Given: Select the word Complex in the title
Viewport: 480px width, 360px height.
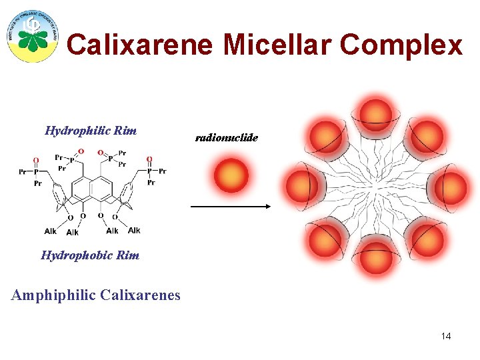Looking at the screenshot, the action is coord(401,45).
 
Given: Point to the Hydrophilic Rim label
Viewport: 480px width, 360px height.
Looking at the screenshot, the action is coord(91,131).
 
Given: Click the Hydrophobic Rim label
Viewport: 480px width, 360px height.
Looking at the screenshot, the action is coord(90,255).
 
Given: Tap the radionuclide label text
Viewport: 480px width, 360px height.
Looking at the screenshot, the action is coord(226,137).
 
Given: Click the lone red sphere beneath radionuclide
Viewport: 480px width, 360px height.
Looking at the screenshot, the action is coord(231,175).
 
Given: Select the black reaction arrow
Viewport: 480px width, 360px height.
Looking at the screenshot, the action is coord(231,207).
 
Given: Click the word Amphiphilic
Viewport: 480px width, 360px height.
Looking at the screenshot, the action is coord(53,294).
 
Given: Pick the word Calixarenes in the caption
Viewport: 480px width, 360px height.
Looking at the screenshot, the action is coord(140,294).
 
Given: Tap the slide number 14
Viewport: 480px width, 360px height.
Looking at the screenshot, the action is coord(446,336).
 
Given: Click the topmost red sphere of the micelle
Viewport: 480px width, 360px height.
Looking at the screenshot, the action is coord(377,115).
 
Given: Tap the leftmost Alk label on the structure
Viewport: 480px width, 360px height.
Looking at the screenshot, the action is coord(51,231).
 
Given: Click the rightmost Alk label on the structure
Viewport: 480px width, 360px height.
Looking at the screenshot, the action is coord(134,231).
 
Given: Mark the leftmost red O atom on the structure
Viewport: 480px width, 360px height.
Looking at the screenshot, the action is coord(36,160).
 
